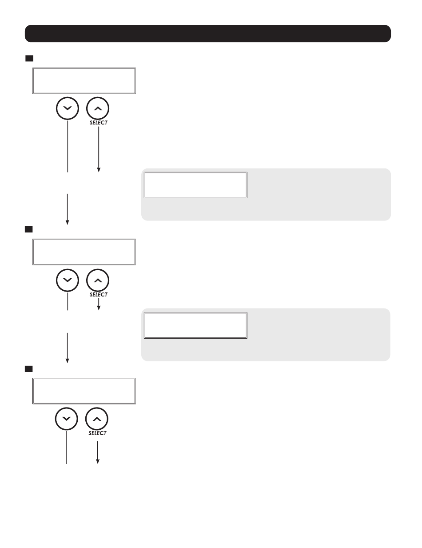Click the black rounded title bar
[x=207, y=33]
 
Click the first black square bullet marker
[x=29, y=59]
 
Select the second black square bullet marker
[x=29, y=229]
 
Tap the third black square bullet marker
[x=29, y=369]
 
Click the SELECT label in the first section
[x=99, y=123]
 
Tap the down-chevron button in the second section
[x=67, y=280]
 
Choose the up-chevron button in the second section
[x=98, y=280]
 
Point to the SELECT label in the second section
[x=99, y=295]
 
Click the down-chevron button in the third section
[x=66, y=419]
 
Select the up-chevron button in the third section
[x=97, y=419]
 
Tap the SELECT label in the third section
[x=97, y=433]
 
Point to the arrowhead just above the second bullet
[x=67, y=222]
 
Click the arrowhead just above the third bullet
[x=67, y=360]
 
